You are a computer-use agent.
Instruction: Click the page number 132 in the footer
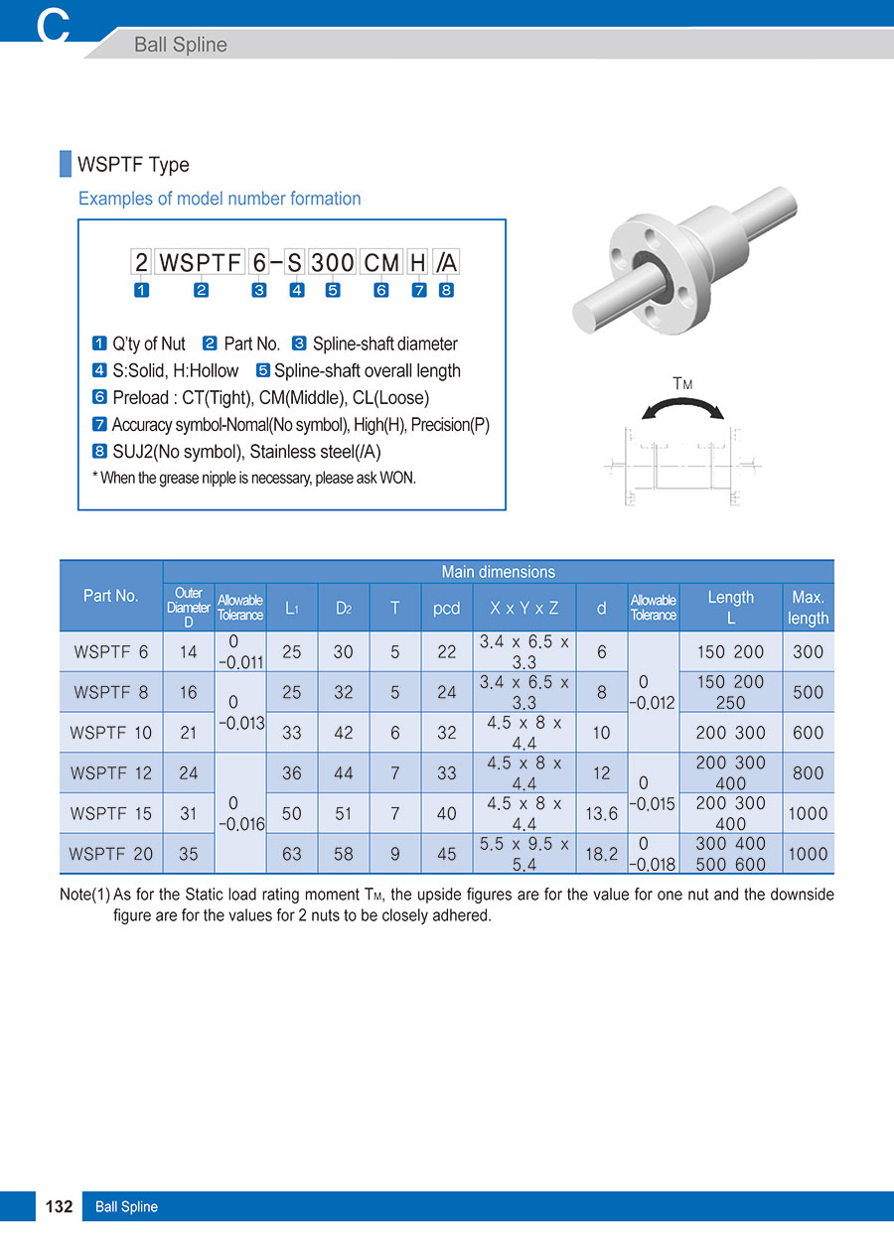[59, 1206]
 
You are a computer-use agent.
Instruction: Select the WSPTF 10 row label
[111, 733]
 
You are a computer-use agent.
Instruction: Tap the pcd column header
[447, 608]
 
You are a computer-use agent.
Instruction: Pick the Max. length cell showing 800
[808, 772]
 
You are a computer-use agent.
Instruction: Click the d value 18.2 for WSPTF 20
[601, 854]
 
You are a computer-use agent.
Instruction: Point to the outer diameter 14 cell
[189, 652]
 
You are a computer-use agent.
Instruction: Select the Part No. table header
[111, 596]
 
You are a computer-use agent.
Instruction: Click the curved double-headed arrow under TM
[680, 408]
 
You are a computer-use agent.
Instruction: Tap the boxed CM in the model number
[381, 263]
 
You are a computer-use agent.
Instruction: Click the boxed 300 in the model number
[332, 263]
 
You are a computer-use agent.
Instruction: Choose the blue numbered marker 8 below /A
[446, 290]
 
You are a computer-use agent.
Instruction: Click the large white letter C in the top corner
[53, 26]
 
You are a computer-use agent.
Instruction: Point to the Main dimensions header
[498, 572]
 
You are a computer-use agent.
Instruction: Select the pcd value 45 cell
[447, 854]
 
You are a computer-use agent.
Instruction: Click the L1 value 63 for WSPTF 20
[292, 854]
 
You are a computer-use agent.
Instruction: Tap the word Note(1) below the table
[84, 895]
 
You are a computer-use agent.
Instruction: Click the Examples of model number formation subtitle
[220, 199]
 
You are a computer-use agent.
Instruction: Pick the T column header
[395, 608]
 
